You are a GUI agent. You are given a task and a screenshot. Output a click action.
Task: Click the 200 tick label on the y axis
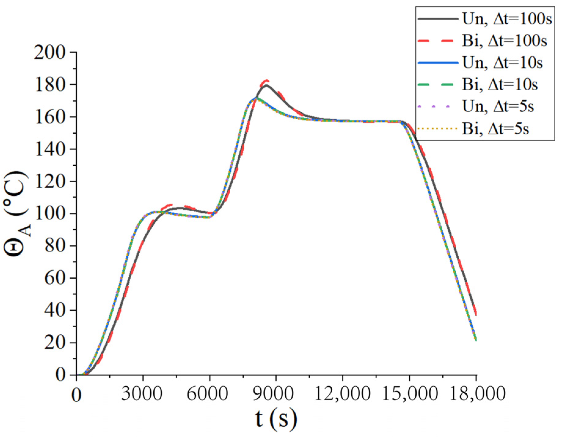50,52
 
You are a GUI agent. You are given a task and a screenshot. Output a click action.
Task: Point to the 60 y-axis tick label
55,278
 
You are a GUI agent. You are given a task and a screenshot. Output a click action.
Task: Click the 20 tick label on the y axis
55,343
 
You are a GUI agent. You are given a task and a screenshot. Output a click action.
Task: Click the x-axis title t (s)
276,419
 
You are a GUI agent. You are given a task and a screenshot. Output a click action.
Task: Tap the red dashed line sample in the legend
438,41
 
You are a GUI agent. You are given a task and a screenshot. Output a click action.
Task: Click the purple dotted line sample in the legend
438,107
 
